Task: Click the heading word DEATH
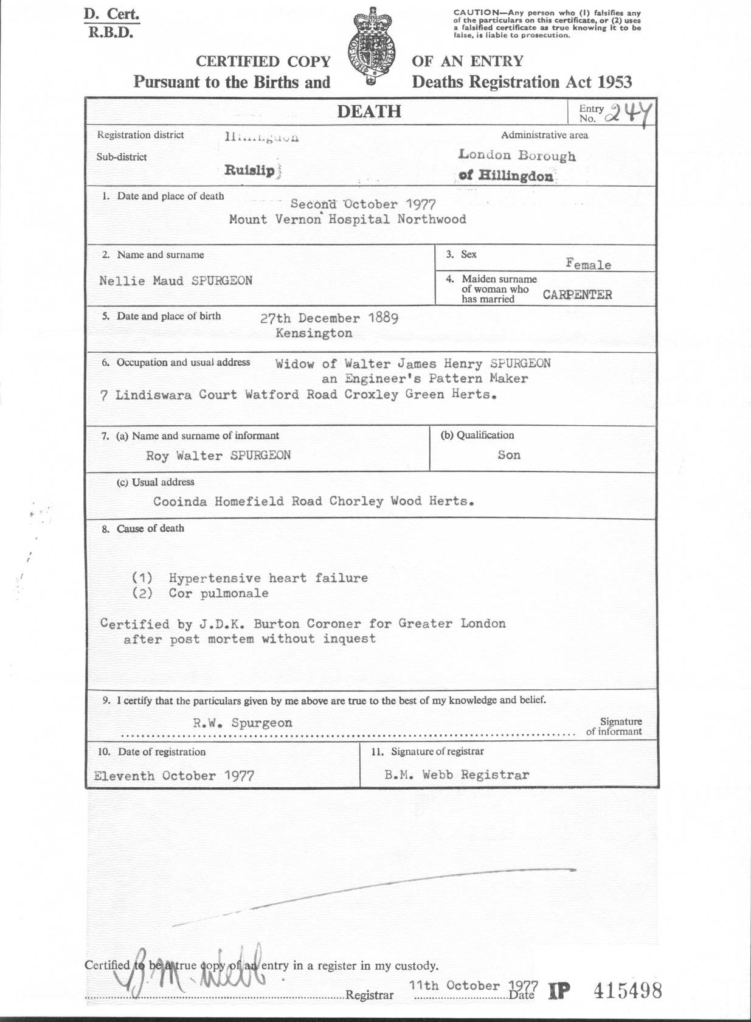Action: pos(369,111)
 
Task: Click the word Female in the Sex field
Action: pos(588,265)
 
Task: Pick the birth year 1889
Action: pos(383,318)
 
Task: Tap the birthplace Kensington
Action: pos(314,333)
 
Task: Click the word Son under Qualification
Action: pos(509,455)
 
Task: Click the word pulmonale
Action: pos(235,593)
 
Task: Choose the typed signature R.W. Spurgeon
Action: pos(243,723)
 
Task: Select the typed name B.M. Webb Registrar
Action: pos(457,775)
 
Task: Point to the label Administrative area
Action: pos(544,135)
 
